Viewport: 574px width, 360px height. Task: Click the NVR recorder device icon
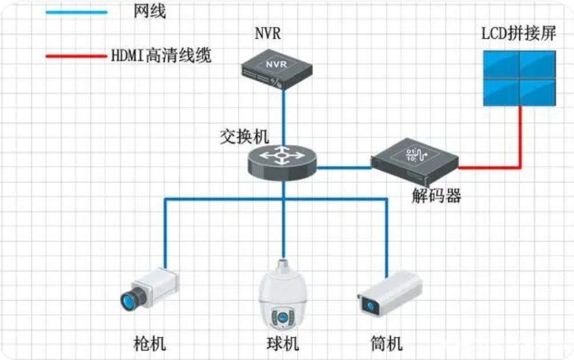pyautogui.click(x=277, y=69)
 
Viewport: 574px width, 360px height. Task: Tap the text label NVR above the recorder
pyautogui.click(x=267, y=33)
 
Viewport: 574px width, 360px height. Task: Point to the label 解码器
pyautogui.click(x=436, y=196)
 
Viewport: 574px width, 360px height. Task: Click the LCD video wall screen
pyautogui.click(x=519, y=78)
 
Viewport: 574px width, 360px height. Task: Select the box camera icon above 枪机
pyautogui.click(x=150, y=290)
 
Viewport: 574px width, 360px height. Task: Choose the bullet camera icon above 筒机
pyautogui.click(x=389, y=292)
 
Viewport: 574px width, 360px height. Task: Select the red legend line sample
pyautogui.click(x=77, y=57)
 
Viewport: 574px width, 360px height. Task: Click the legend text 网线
pyautogui.click(x=150, y=11)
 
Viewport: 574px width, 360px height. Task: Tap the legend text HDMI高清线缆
pyautogui.click(x=161, y=56)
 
